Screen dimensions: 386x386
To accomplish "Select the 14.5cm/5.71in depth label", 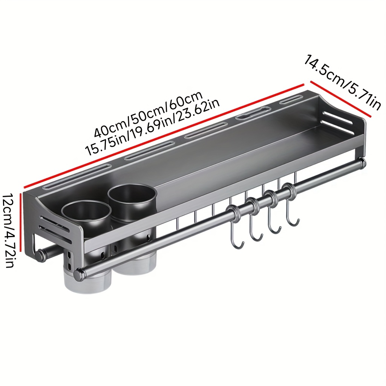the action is tap(342, 83).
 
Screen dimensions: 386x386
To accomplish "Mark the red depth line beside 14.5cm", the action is tap(340, 99).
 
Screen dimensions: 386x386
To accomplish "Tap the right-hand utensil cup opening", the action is tap(132, 195).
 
